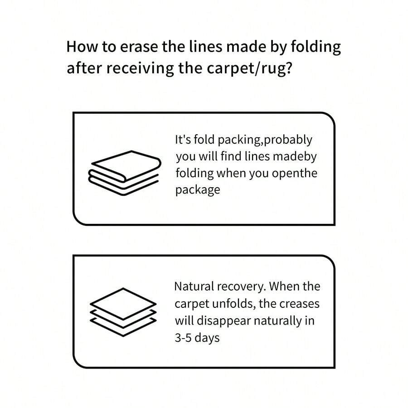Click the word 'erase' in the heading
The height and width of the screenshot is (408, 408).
coord(126,47)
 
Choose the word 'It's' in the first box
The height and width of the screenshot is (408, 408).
coord(183,139)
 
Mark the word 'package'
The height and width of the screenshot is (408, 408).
coord(198,189)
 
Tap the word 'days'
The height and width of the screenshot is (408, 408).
coord(209,338)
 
